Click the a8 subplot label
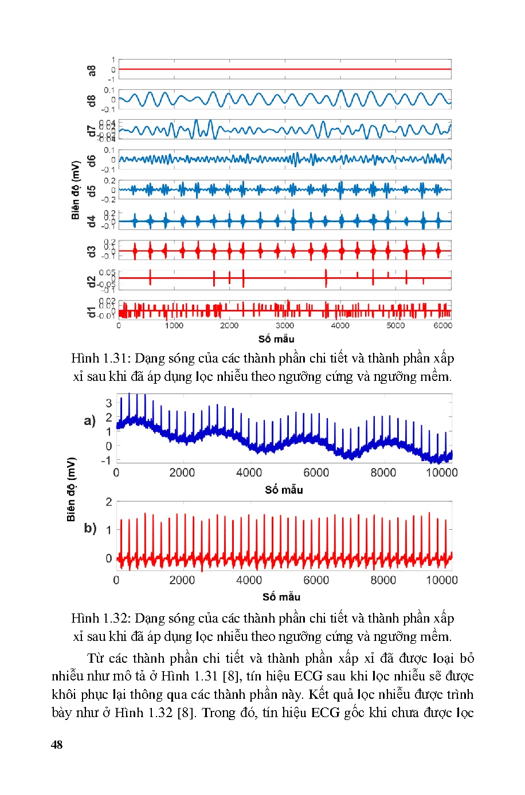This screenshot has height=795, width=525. point(92,70)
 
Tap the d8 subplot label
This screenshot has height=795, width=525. point(92,100)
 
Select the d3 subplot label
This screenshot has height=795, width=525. point(92,251)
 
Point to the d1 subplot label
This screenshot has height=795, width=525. point(92,312)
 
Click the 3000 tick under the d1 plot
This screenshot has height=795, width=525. point(285,325)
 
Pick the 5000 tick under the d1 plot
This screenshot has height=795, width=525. point(395,325)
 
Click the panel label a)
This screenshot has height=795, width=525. point(90,421)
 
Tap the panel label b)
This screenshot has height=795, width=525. point(90,528)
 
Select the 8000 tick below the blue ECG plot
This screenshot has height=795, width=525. point(383,473)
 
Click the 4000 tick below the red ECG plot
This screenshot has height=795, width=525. point(249,580)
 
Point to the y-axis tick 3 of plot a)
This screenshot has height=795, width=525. point(109,403)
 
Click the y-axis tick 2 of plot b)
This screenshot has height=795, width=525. point(109,502)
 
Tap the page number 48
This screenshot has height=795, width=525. point(57,745)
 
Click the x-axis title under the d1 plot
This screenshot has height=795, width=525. point(276,339)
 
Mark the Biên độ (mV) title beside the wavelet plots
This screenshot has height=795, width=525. point(76,190)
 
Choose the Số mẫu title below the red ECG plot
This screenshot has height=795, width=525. point(281,597)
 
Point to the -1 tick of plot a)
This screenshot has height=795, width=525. point(106,461)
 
